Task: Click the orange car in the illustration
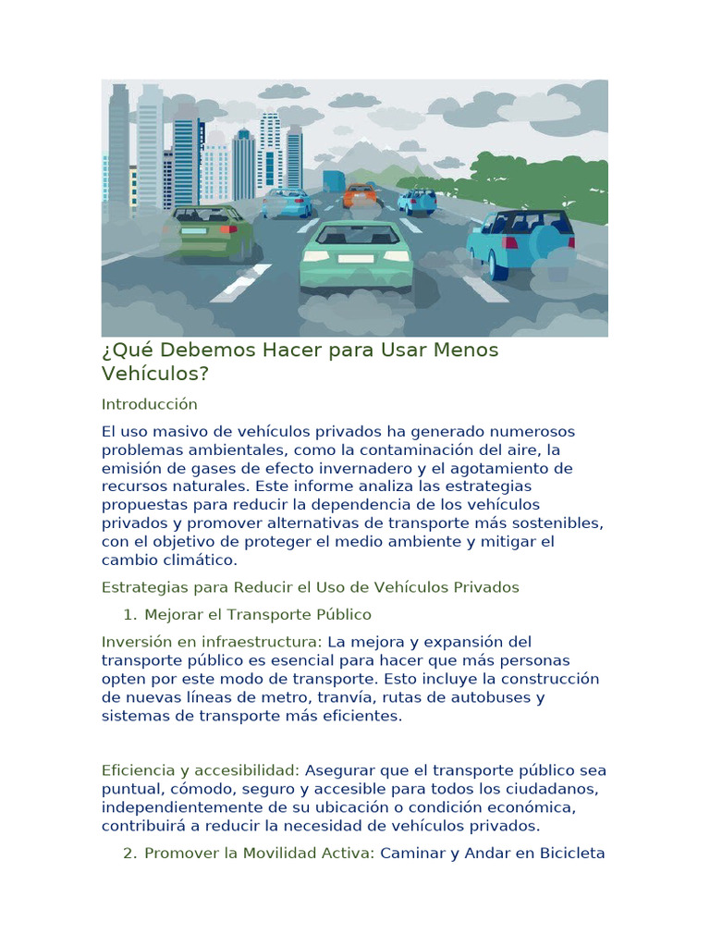click(360, 195)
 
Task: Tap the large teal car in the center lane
click(357, 254)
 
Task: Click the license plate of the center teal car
click(356, 259)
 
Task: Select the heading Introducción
click(150, 404)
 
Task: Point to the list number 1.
click(129, 614)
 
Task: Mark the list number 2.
click(129, 853)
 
